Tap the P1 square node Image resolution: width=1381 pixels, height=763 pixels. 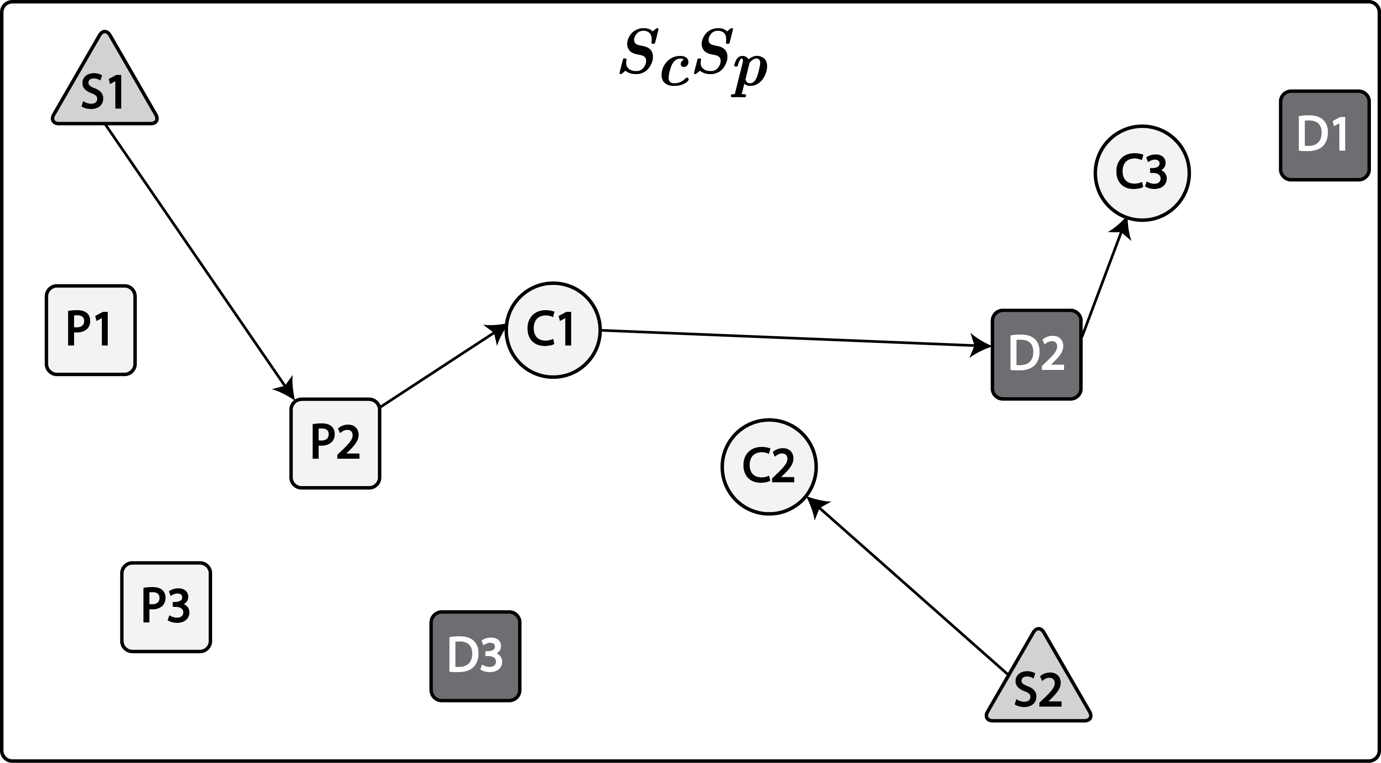pos(90,330)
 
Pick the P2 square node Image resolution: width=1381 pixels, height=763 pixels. pos(335,444)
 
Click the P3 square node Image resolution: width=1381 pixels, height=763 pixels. pos(166,607)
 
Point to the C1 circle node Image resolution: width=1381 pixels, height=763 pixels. pos(553,330)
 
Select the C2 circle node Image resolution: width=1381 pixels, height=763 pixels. pos(769,466)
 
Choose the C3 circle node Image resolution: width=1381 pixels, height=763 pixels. pos(1142,173)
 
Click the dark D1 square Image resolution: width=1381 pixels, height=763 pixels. pos(1324,135)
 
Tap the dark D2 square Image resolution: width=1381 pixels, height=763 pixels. pos(1036,354)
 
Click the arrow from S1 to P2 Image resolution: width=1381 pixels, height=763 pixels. pos(198,260)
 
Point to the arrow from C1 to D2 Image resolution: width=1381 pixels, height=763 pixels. pos(793,338)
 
